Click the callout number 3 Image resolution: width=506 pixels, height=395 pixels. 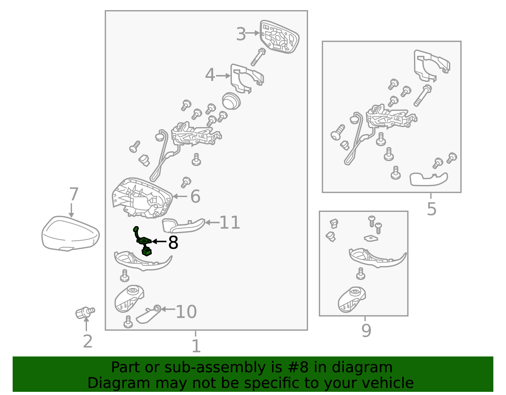241,34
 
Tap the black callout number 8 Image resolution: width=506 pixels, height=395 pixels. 173,243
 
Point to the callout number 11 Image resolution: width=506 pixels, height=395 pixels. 230,223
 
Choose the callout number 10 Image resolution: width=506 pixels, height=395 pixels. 186,312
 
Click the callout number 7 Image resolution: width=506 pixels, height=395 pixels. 74,194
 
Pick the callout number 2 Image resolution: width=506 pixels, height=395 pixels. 88,342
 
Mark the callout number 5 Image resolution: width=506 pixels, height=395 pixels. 431,209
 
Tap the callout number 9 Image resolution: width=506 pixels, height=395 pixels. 366,330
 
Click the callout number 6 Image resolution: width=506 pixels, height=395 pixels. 195,196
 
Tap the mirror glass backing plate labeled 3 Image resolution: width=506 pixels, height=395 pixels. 280,37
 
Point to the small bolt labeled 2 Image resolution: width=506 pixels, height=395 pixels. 85,312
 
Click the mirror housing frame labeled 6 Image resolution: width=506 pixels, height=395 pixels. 142,198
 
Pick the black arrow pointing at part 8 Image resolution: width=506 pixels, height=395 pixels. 159,242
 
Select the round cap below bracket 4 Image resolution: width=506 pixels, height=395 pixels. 231,101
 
